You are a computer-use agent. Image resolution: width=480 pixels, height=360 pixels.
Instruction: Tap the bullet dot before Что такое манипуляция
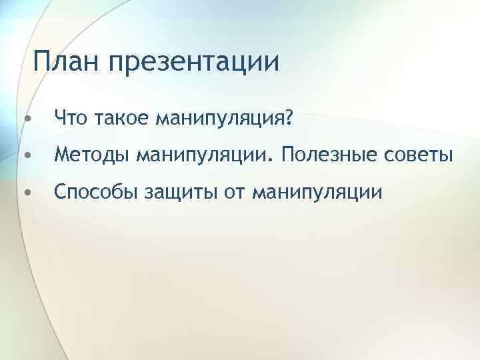[25, 119]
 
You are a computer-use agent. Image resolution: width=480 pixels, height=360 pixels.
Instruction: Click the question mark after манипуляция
[289, 118]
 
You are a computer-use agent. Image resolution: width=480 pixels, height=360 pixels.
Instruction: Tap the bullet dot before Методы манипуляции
[25, 156]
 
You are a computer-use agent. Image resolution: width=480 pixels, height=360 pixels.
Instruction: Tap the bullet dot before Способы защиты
[25, 193]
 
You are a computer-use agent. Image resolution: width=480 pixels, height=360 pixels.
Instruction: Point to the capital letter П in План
[43, 63]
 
